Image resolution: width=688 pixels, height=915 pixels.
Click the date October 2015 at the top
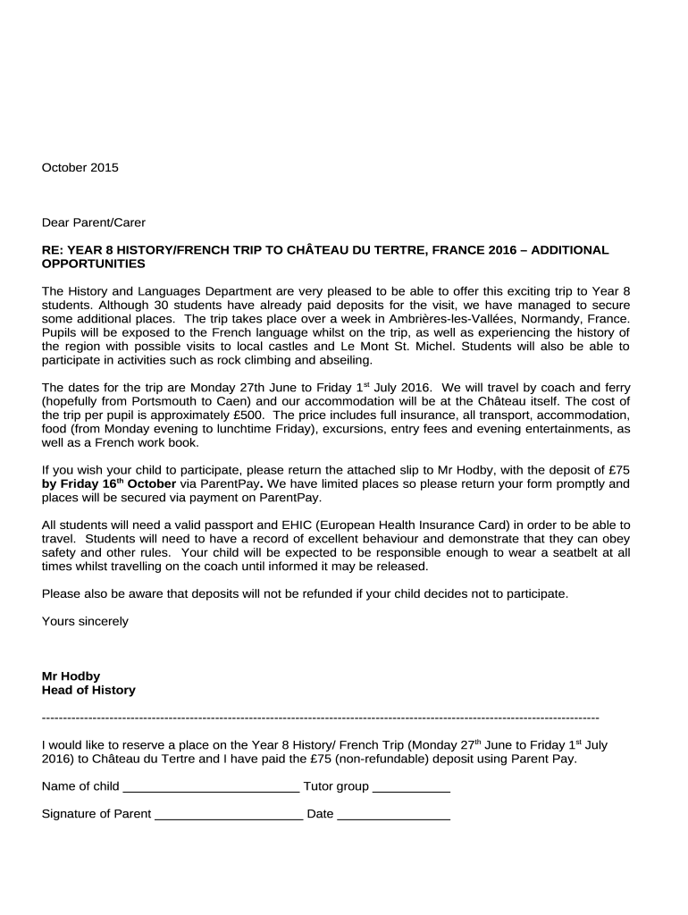pos(80,167)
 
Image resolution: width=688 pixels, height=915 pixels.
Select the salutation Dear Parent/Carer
pos(94,222)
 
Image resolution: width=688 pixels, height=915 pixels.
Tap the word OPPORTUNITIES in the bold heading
pos(94,264)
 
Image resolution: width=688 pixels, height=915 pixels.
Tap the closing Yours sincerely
pos(85,621)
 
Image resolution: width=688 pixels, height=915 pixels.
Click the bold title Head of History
pos(88,690)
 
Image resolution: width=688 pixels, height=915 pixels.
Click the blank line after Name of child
pos(211,788)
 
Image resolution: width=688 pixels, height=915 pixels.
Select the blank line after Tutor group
pos(411,788)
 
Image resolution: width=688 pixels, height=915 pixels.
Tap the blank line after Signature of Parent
pos(229,816)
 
